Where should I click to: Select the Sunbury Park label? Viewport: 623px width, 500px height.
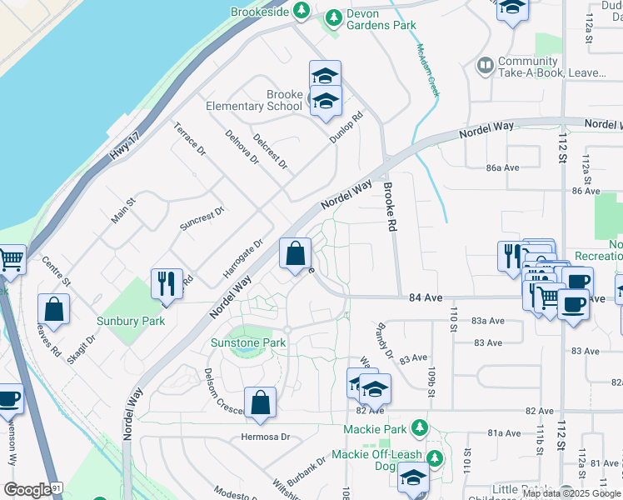pos(130,321)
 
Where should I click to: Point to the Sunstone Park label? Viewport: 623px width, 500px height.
pos(248,342)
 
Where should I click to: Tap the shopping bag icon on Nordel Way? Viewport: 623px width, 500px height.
pos(296,255)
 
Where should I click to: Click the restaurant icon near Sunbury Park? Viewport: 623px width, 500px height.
pos(167,283)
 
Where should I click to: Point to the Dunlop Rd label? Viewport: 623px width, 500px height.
pos(347,127)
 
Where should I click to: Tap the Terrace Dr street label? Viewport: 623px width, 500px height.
pos(189,139)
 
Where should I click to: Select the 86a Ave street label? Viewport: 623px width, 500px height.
pos(503,167)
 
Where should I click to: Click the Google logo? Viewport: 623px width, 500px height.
pos(27,490)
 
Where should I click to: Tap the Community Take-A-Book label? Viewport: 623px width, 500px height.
pos(551,67)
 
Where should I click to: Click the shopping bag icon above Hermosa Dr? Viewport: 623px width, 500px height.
pos(261,403)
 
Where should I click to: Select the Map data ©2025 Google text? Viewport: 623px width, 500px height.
pos(572,493)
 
